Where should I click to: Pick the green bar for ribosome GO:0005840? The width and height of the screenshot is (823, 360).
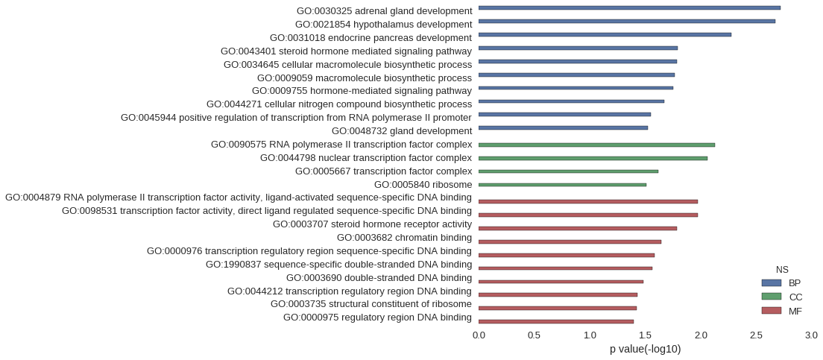(562, 185)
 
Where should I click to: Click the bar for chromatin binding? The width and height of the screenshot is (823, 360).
(570, 242)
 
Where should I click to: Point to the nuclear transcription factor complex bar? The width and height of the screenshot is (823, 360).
(593, 158)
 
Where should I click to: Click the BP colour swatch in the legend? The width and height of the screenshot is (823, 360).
(771, 283)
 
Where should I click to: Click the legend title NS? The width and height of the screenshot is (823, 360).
(782, 270)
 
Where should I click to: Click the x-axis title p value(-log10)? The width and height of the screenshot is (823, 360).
(645, 349)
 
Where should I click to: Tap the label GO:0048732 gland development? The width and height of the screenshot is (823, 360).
(402, 130)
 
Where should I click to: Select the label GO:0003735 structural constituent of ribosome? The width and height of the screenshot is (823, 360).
(371, 304)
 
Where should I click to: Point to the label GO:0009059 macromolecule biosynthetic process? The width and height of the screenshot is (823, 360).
(365, 78)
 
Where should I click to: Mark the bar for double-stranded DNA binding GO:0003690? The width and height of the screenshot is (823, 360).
(561, 282)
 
